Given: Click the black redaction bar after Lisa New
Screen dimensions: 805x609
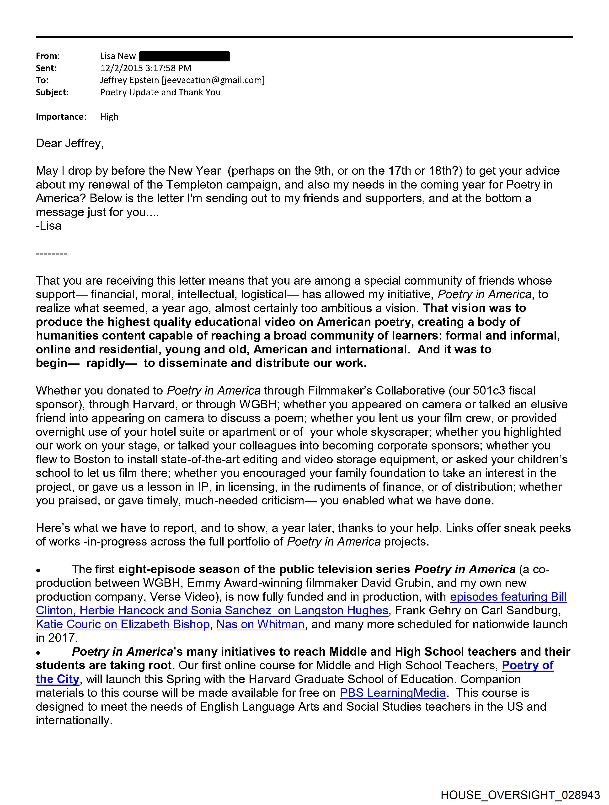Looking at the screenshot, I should (185, 56).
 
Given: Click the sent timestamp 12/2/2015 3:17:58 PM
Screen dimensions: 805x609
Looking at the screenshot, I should (145, 68).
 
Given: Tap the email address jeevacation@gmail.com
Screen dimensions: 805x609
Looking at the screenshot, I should (214, 80).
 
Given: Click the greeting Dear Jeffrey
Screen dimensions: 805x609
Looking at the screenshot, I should (69, 143).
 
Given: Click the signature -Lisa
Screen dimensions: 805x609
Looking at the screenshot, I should (48, 226).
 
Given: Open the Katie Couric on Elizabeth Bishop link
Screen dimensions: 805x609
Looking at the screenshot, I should (123, 624).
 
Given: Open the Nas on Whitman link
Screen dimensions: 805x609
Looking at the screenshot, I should (261, 624).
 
